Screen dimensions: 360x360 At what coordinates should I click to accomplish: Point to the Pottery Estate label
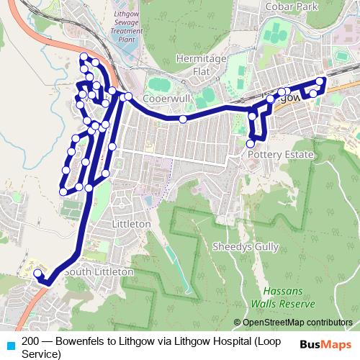click(280, 155)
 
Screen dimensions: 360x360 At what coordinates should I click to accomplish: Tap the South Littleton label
click(98, 272)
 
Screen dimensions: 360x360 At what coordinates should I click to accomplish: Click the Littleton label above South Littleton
click(132, 224)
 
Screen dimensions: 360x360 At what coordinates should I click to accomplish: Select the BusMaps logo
click(327, 343)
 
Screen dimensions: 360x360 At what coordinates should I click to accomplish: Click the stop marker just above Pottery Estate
click(250, 144)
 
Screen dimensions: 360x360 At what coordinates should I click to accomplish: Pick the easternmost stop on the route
click(321, 81)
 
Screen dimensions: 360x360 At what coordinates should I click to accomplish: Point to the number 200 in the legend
click(31, 341)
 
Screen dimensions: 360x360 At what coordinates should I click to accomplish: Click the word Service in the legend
click(41, 354)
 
